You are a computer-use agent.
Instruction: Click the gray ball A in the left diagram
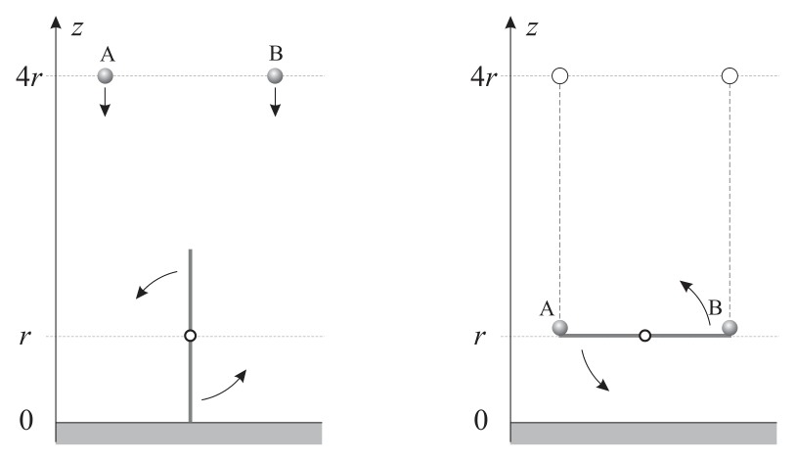pyautogui.click(x=105, y=75)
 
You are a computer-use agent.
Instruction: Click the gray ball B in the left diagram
pyautogui.click(x=275, y=75)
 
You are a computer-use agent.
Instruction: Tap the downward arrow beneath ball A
pyautogui.click(x=105, y=102)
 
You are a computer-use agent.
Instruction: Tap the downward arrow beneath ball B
pyautogui.click(x=275, y=102)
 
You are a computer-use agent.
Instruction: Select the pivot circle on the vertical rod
pyautogui.click(x=191, y=336)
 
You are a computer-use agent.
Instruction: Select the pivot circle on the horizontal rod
pyautogui.click(x=644, y=336)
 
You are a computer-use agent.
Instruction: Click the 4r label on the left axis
pyautogui.click(x=29, y=77)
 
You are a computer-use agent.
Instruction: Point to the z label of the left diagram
pyautogui.click(x=77, y=28)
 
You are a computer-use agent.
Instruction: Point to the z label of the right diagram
pyautogui.click(x=532, y=28)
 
